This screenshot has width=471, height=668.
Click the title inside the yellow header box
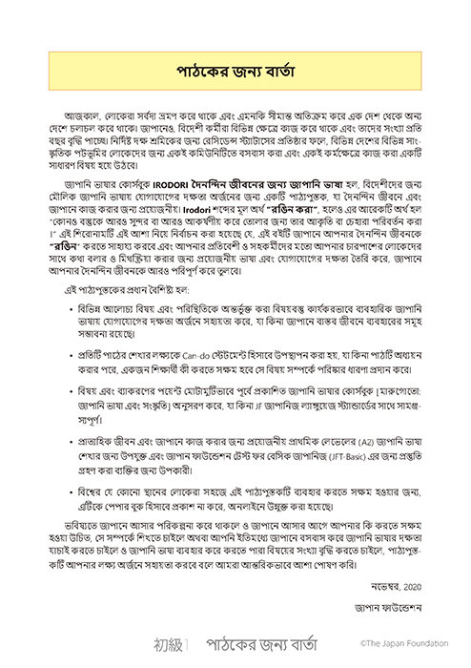point(235,72)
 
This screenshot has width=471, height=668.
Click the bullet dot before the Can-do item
point(72,368)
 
